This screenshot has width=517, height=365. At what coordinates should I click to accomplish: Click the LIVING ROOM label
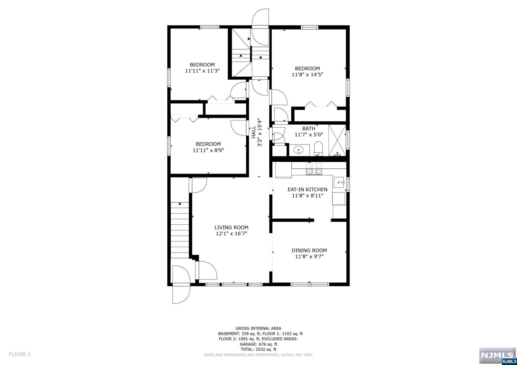pos(231,227)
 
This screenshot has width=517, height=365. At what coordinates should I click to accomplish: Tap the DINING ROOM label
pos(309,250)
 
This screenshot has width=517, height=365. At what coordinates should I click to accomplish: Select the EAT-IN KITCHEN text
pos(307,189)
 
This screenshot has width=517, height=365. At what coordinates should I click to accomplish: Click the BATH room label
pos(309,129)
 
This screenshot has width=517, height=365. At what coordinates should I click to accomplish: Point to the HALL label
pos(253,132)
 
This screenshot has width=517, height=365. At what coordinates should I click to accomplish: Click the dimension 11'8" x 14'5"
pos(307,75)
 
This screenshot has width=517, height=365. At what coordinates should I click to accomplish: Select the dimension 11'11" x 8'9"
pos(208,150)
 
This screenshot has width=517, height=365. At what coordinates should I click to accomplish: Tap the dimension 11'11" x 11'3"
pos(202,71)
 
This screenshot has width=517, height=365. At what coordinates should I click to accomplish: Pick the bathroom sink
pos(299,150)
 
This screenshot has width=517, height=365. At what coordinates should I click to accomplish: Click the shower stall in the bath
pos(337,140)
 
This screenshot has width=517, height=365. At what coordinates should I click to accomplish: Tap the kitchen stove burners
pos(314,169)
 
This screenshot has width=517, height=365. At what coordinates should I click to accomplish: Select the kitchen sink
pos(339,182)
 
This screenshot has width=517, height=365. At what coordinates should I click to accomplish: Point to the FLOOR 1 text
pos(19,354)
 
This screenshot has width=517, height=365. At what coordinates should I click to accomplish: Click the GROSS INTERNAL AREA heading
pos(258,328)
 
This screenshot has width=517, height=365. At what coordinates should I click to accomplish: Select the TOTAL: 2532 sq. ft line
pos(258,349)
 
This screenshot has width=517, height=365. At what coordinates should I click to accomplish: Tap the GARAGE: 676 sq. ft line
pos(258,344)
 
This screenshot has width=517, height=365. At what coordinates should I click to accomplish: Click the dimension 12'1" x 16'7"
pos(231,234)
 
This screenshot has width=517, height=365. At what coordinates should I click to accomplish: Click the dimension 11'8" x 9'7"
pos(309,257)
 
